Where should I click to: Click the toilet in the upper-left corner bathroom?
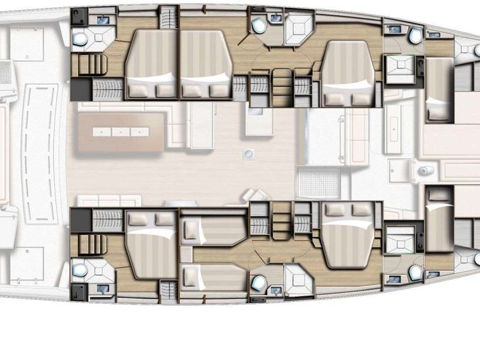point(80,39)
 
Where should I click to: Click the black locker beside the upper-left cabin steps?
point(80,86)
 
